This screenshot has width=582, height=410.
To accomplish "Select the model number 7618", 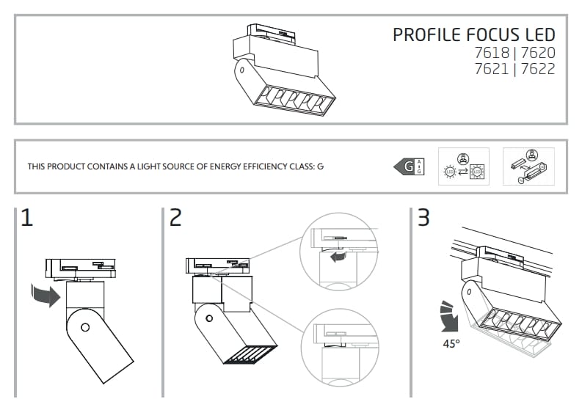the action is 492,53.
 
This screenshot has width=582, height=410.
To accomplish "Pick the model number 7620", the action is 538,53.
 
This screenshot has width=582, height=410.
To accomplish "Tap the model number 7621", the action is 492,69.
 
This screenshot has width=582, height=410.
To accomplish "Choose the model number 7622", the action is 538,69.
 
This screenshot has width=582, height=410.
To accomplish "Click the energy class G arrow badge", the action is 409,166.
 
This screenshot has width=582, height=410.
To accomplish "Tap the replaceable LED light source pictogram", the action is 464,166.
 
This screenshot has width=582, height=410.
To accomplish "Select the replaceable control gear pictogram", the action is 528,166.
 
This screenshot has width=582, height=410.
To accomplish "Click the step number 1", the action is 26,217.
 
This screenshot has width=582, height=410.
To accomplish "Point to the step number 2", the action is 175,217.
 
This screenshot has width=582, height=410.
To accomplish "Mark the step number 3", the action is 423,217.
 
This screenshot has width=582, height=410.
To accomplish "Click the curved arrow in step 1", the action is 46,295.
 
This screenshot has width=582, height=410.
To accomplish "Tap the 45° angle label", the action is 451,344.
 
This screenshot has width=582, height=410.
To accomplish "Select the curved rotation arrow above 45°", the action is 449,317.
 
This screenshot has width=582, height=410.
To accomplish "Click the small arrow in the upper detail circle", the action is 338,257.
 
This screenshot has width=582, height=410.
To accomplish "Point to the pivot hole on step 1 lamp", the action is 85,328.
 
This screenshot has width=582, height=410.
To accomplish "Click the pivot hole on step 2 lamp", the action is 209,318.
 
